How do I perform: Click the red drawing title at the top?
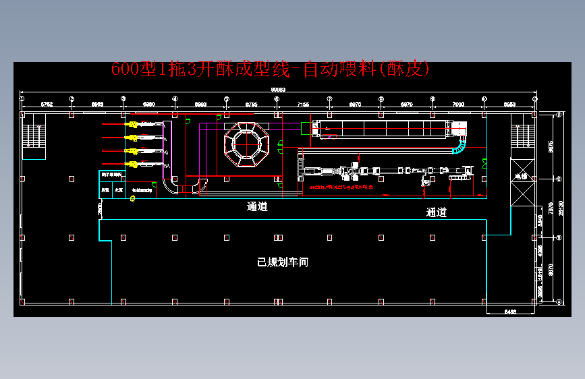click(270, 69)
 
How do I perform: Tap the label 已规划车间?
click(283, 262)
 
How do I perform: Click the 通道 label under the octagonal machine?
click(257, 207)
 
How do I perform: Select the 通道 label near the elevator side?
click(437, 212)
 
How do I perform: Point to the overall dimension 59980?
click(278, 88)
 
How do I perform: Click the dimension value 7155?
click(303, 105)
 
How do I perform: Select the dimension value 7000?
click(458, 105)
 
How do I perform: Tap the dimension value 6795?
click(251, 105)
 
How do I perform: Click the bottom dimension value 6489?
click(510, 311)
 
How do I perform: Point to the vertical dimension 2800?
click(100, 210)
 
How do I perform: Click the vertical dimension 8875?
click(551, 146)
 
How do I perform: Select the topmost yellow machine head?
click(132, 125)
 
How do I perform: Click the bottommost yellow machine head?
click(132, 164)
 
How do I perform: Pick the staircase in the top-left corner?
click(33, 136)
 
